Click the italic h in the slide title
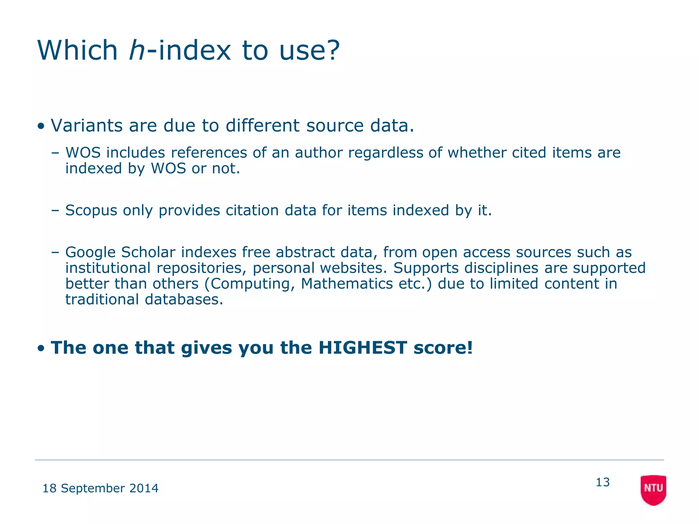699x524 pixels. (138, 50)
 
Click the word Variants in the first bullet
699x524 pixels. (87, 126)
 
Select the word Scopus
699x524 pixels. (91, 210)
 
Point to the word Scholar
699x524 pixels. (148, 252)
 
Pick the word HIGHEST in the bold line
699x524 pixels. (362, 348)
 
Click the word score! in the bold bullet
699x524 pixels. (443, 348)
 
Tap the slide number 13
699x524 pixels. (602, 482)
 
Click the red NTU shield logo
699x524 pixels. (653, 490)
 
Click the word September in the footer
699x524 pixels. (93, 489)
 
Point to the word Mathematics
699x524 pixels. (347, 284)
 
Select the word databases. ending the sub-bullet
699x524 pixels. (184, 300)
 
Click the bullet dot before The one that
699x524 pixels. (41, 349)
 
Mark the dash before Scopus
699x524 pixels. (55, 210)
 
